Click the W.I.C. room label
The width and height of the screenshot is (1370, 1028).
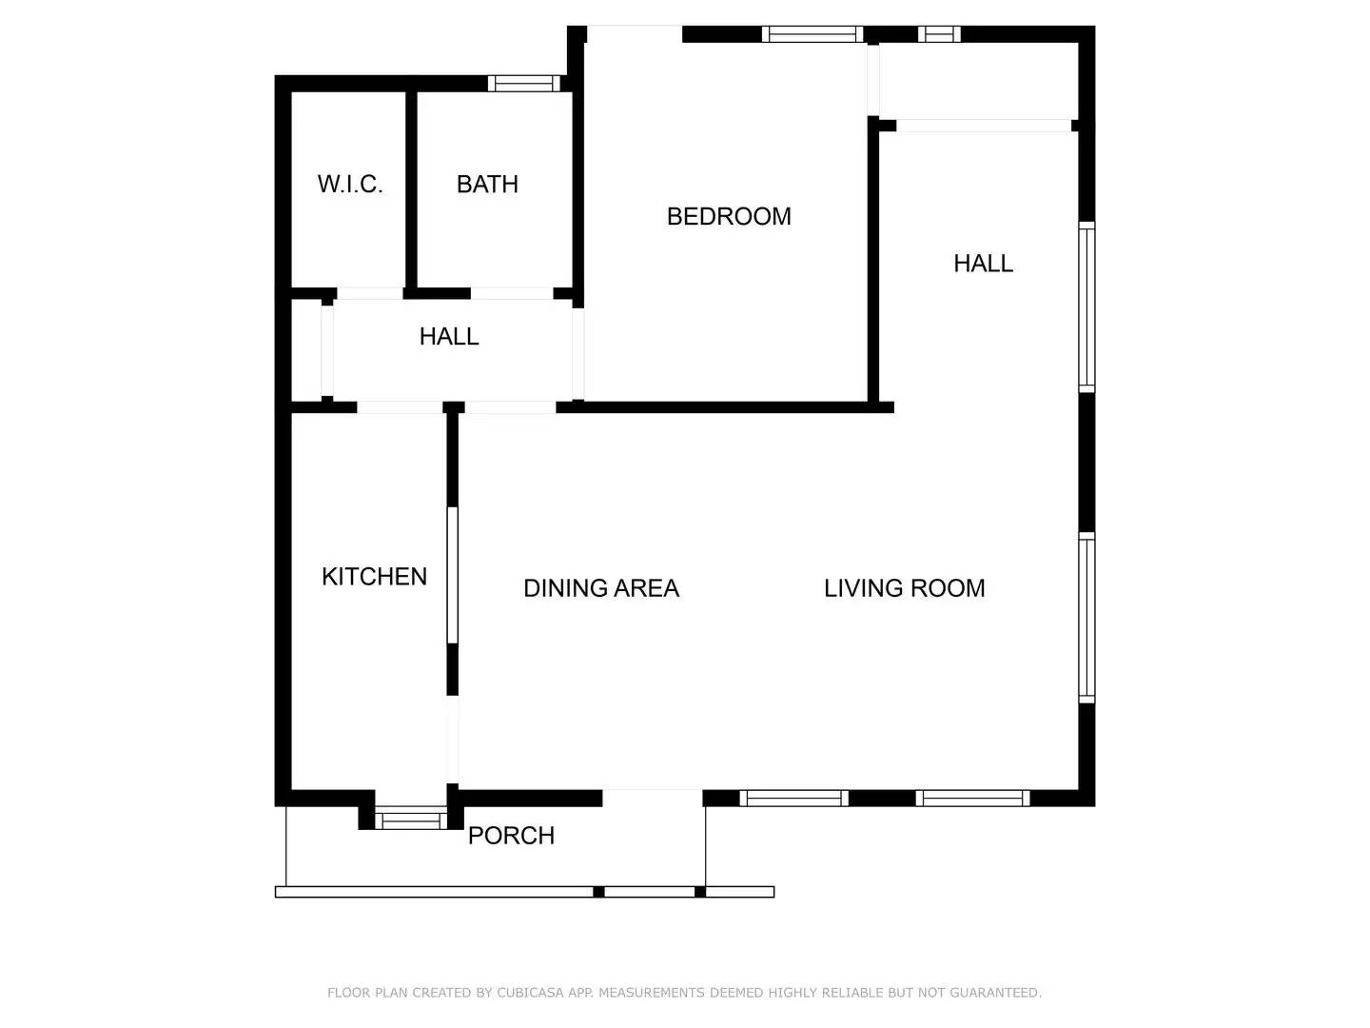coord(350,184)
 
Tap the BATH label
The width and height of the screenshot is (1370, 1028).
coord(487,184)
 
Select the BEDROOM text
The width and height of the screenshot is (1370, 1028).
coord(729,216)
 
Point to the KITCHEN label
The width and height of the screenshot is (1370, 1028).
coord(374,576)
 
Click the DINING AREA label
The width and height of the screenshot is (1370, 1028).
coord(601,588)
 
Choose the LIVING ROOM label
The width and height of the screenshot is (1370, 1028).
coord(904,588)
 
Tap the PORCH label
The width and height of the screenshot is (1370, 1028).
coord(511,835)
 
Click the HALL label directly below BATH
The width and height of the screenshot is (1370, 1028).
coord(449,336)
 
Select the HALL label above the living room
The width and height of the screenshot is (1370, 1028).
coord(983,263)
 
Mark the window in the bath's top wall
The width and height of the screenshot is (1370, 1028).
coord(523,84)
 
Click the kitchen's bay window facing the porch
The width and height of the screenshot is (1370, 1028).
coord(410,820)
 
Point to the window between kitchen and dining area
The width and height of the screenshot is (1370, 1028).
coord(453,575)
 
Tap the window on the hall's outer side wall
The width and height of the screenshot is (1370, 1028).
coord(1086,306)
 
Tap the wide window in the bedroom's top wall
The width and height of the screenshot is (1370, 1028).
coord(812,35)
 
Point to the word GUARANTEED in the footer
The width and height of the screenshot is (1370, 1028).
coord(994,993)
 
